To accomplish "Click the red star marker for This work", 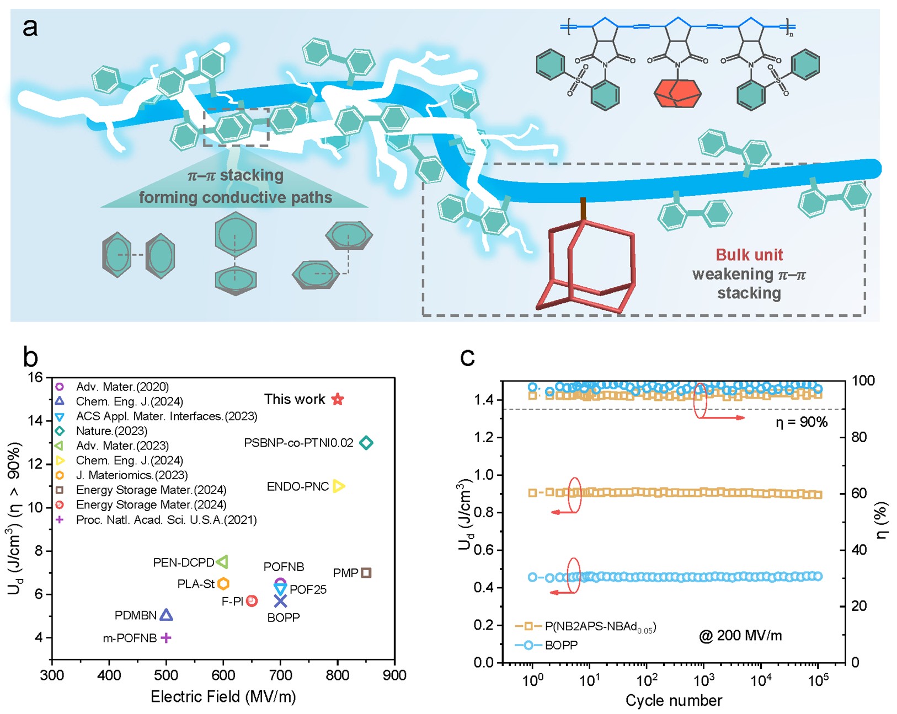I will pyautogui.click(x=338, y=399).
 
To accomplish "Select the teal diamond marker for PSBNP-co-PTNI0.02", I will pyautogui.click(x=366, y=442).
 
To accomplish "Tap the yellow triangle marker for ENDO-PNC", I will pyautogui.click(x=339, y=486).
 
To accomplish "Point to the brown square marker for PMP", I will pyautogui.click(x=366, y=573).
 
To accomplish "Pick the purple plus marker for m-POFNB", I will pyautogui.click(x=165, y=638).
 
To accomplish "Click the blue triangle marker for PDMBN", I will pyautogui.click(x=166, y=615).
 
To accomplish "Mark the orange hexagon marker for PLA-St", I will pyautogui.click(x=223, y=583).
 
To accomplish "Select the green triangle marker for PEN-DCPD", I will pyautogui.click(x=222, y=562).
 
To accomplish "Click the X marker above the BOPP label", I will pyautogui.click(x=280, y=601).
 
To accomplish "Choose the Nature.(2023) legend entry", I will pyautogui.click(x=111, y=431).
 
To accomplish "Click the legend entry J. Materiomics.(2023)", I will pyautogui.click(x=132, y=475).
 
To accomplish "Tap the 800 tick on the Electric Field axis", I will pyautogui.click(x=338, y=675).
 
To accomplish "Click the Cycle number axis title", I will pyautogui.click(x=674, y=700).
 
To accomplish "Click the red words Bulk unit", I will pyautogui.click(x=749, y=255).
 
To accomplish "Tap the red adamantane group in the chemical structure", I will pyautogui.click(x=677, y=93).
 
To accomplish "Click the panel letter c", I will pyautogui.click(x=467, y=357).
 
